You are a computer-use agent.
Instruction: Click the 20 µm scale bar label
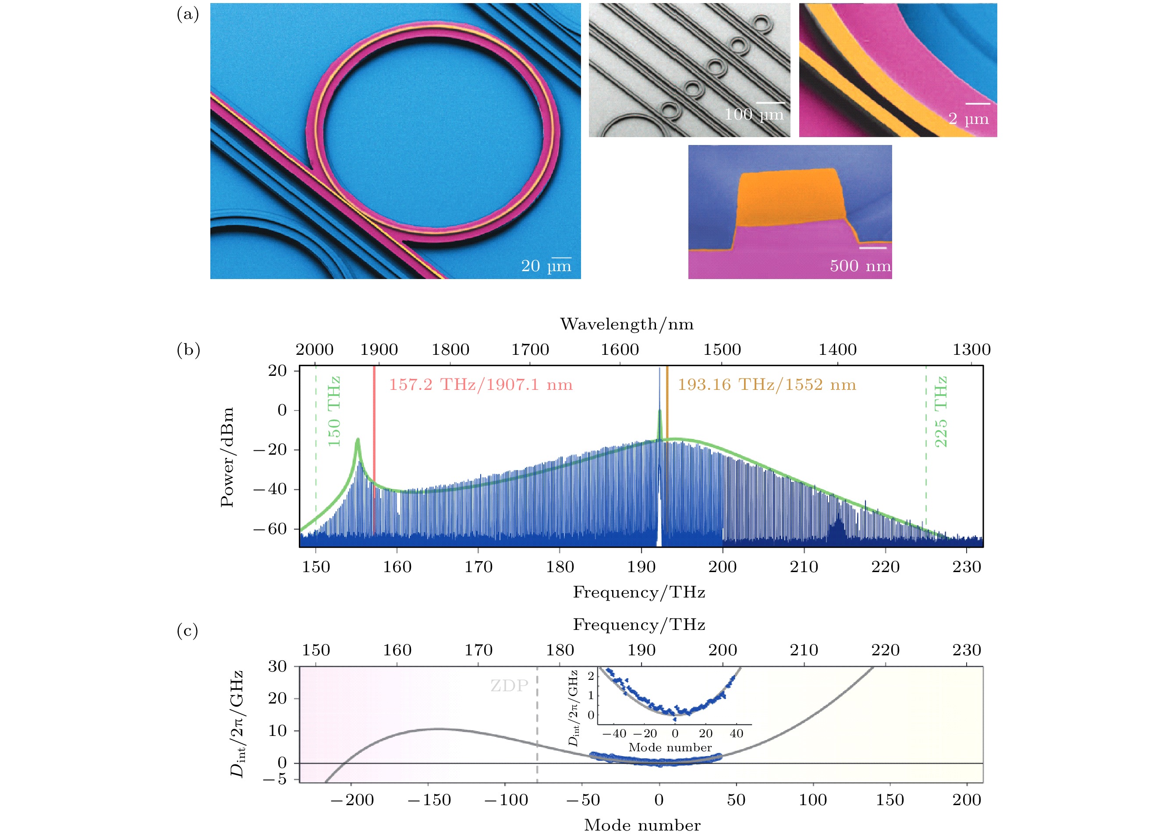point(546,266)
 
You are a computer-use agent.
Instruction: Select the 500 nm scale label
point(860,266)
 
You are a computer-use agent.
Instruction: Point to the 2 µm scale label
point(968,119)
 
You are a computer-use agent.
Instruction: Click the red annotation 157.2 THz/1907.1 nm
point(480,385)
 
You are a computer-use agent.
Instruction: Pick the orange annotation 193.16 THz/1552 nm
point(766,385)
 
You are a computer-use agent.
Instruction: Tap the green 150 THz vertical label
point(334,411)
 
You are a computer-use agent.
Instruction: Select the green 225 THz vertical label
point(940,411)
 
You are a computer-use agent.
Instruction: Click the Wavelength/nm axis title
point(627,324)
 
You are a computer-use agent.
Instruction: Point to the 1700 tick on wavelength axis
point(530,350)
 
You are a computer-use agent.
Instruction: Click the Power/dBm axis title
point(227,457)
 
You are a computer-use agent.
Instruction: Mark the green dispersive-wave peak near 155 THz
point(357,440)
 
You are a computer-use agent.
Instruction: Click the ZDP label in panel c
point(509,686)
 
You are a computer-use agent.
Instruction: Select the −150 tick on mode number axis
point(429,800)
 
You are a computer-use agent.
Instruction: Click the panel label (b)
point(188,350)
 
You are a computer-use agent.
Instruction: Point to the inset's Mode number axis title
point(670,748)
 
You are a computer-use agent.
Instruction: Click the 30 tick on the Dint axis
point(277,666)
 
